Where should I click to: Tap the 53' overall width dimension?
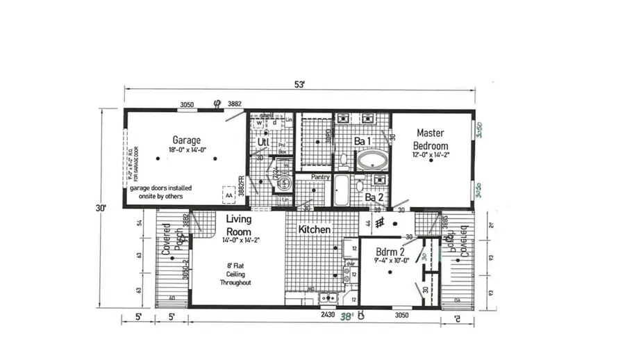click(299, 85)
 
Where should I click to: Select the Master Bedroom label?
click(431, 139)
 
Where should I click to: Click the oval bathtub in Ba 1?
click(373, 161)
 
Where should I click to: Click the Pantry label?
click(320, 177)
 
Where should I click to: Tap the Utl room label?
click(263, 142)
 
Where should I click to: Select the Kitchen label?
click(314, 229)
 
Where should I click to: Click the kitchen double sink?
click(327, 299)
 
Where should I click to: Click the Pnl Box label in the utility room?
click(282, 148)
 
